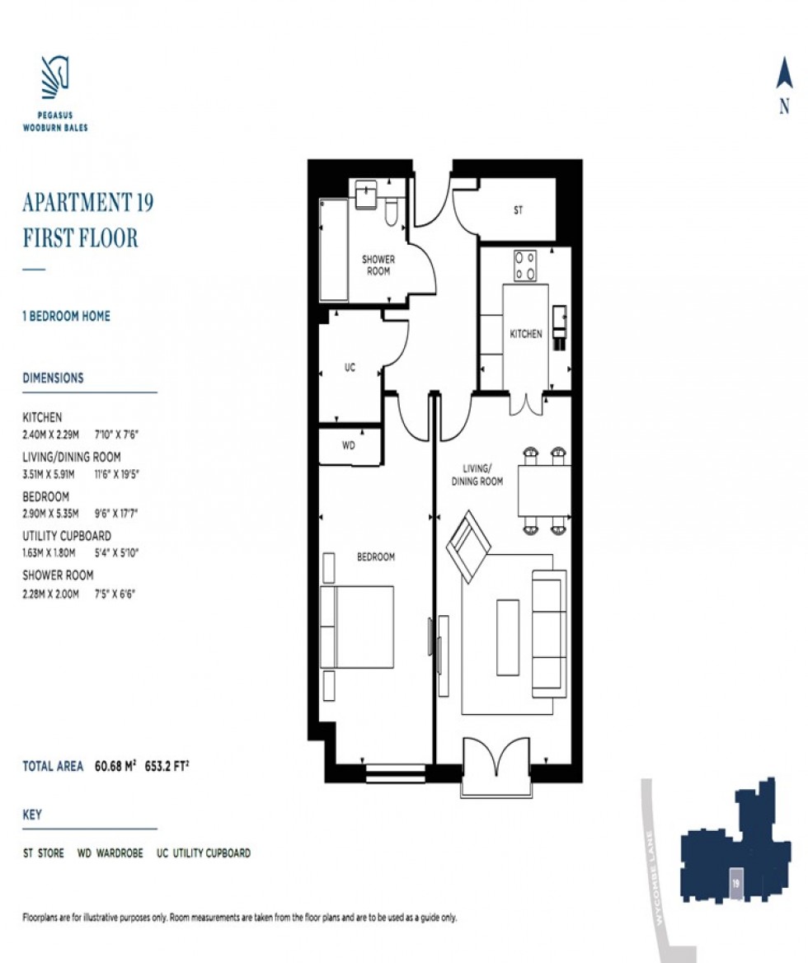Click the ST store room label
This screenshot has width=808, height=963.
(x=519, y=210)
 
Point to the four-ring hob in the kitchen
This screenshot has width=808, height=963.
(x=525, y=265)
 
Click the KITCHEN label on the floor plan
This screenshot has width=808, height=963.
(x=526, y=334)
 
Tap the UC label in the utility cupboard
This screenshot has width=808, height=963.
(x=350, y=367)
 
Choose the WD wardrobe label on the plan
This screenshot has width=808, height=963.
(x=349, y=445)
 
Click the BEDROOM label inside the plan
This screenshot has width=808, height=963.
(x=376, y=557)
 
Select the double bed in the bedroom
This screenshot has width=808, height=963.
(x=357, y=627)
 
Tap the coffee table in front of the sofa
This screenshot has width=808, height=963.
(x=508, y=637)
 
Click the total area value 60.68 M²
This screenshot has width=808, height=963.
(x=115, y=766)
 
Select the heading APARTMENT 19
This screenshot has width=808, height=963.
(x=87, y=202)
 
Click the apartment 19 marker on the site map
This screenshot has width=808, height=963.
(x=735, y=884)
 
